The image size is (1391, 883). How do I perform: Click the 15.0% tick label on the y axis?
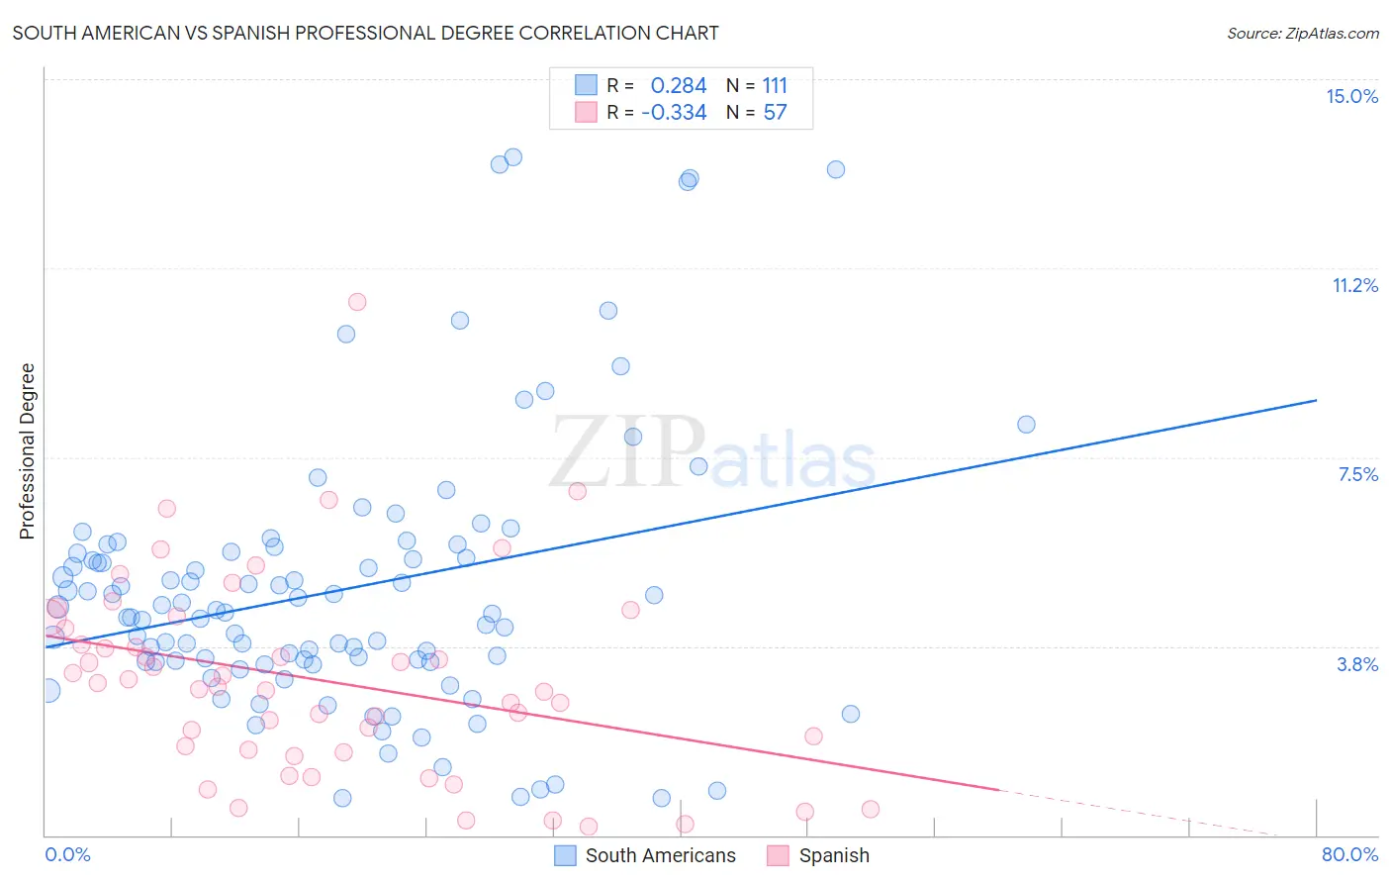[1351, 96]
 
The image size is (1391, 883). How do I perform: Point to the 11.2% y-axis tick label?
[1354, 285]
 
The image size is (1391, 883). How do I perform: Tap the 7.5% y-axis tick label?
[1357, 474]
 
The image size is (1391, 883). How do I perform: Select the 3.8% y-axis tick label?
[1357, 664]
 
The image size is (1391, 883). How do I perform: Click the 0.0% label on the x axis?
[67, 854]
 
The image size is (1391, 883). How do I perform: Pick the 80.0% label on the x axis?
[1349, 854]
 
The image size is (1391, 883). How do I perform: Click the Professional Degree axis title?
[27, 451]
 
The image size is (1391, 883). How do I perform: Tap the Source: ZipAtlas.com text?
[1302, 33]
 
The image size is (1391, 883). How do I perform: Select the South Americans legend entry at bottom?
[660, 855]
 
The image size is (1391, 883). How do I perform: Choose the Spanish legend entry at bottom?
[833, 855]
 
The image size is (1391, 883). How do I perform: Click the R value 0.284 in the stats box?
[679, 85]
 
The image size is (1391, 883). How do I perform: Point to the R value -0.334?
[674, 112]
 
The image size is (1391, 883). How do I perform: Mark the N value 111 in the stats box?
[775, 85]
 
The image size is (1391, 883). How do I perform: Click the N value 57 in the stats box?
[775, 112]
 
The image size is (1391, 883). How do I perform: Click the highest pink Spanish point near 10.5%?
[357, 302]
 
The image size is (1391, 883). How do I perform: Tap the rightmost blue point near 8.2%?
[1026, 425]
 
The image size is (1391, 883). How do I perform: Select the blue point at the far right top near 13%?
[836, 169]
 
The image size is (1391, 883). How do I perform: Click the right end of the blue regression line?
[1316, 400]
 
